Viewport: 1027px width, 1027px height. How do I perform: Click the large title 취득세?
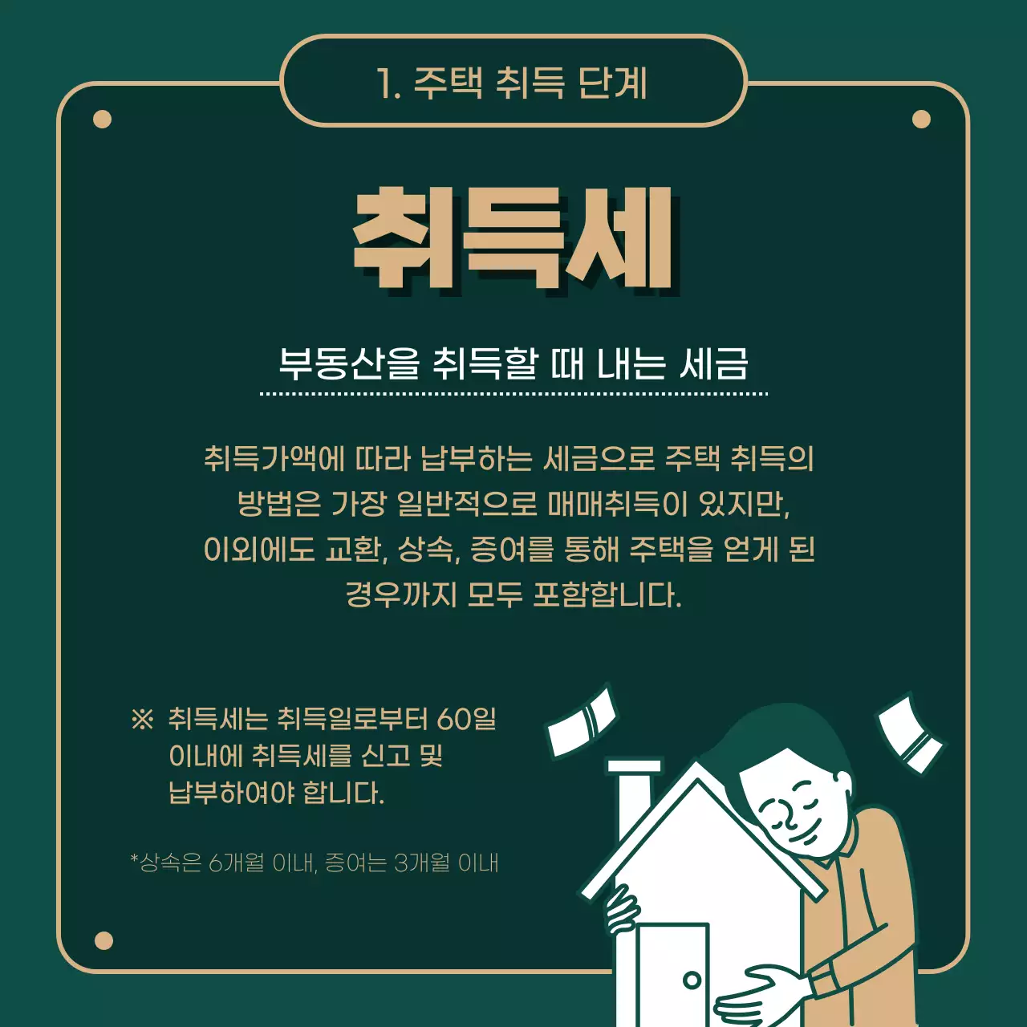click(x=513, y=238)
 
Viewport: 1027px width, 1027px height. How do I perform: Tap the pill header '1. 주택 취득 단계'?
click(x=513, y=82)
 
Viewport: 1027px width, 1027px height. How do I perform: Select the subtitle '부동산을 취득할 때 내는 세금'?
click(x=513, y=363)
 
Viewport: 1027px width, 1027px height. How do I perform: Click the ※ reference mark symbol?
click(x=142, y=719)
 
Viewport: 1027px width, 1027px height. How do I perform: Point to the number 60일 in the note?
click(x=466, y=719)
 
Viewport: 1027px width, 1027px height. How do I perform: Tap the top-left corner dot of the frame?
click(x=102, y=120)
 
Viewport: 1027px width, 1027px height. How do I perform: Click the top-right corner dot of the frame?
click(x=921, y=120)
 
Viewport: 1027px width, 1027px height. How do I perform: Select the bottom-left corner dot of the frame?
click(x=104, y=940)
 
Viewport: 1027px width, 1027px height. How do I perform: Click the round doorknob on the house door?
click(x=692, y=980)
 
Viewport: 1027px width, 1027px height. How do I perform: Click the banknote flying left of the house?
click(x=582, y=721)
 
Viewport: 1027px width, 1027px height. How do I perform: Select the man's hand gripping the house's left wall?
click(x=622, y=911)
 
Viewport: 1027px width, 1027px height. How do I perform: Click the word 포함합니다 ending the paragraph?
click(x=607, y=595)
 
